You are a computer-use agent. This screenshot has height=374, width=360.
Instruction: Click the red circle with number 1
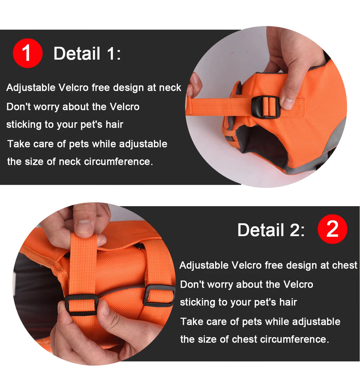(x=27, y=53)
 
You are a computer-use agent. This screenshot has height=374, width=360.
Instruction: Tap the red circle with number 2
(x=332, y=229)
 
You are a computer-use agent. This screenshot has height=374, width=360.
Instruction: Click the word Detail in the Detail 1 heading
(x=77, y=54)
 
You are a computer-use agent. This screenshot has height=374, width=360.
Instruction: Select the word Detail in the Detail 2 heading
(x=261, y=230)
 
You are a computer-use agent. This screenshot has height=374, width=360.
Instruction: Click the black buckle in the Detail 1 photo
(x=266, y=107)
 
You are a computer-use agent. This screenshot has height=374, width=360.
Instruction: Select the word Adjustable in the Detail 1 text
(x=31, y=87)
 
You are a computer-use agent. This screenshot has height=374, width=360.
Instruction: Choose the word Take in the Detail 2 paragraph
(x=191, y=321)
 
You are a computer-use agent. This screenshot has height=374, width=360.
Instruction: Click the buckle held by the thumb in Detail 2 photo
(x=81, y=304)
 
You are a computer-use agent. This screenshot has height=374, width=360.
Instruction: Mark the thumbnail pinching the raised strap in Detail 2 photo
(x=84, y=226)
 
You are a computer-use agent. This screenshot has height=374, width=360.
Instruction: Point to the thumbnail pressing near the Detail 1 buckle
(x=288, y=103)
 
